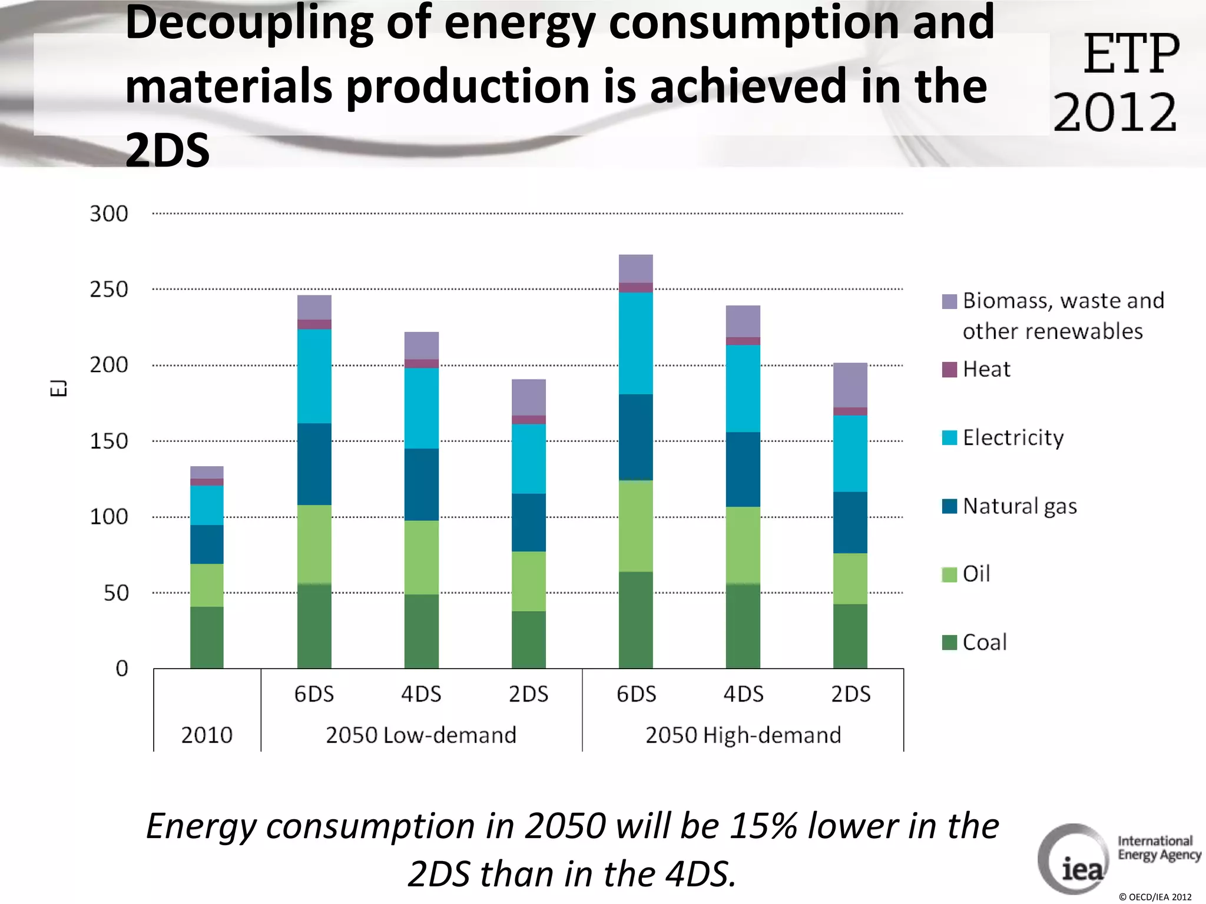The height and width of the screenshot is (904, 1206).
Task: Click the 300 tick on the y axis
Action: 109,214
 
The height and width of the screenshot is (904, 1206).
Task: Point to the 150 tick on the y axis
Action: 109,441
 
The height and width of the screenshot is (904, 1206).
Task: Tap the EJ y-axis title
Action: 58,388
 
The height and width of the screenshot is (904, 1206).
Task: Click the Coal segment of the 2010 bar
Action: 207,637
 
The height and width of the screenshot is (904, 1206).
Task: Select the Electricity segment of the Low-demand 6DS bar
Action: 314,376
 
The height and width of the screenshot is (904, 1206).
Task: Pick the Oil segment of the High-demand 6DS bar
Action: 635,526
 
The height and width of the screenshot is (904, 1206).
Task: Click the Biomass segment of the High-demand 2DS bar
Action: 850,385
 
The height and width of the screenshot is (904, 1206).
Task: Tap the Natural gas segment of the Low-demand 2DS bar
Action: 528,522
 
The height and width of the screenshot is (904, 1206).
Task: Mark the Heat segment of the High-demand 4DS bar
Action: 743,341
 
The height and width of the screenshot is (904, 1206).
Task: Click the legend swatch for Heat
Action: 949,370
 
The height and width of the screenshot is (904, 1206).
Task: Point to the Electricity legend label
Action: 1013,438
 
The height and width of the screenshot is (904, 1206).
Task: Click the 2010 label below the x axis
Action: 207,735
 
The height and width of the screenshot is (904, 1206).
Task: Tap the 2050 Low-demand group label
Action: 421,735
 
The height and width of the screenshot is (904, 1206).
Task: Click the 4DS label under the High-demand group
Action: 743,694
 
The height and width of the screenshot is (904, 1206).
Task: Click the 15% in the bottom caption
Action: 763,826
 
